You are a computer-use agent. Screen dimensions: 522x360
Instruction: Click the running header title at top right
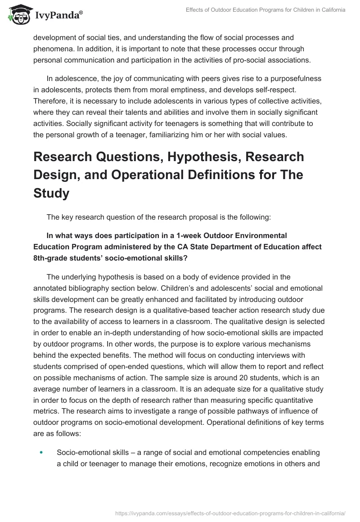(x=265, y=9)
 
